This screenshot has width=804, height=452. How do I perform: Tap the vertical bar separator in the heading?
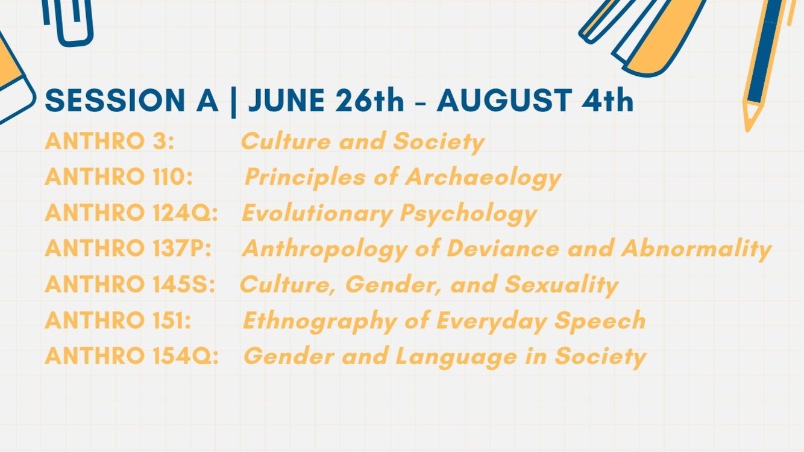pyautogui.click(x=233, y=102)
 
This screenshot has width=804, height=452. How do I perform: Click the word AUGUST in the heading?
pyautogui.click(x=504, y=101)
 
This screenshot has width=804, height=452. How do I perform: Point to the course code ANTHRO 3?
pyautogui.click(x=110, y=141)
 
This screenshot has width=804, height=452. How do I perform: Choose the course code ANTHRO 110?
pyautogui.click(x=119, y=177)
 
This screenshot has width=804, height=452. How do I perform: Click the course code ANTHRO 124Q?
pyautogui.click(x=131, y=212)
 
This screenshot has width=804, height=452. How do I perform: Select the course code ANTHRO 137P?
pyautogui.click(x=128, y=248)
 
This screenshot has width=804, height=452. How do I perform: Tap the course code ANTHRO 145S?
pyautogui.click(x=130, y=284)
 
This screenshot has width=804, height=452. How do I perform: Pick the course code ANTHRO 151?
pyautogui.click(x=118, y=320)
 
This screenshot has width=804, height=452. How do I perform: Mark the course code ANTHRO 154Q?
pyautogui.click(x=132, y=356)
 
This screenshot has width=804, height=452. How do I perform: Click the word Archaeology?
pyautogui.click(x=483, y=178)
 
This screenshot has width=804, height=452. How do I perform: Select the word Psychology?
pyautogui.click(x=468, y=214)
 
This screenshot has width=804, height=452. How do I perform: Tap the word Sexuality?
pyautogui.click(x=561, y=285)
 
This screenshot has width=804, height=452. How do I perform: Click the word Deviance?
pyautogui.click(x=503, y=248)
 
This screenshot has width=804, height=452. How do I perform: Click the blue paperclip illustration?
pyautogui.click(x=68, y=22)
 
